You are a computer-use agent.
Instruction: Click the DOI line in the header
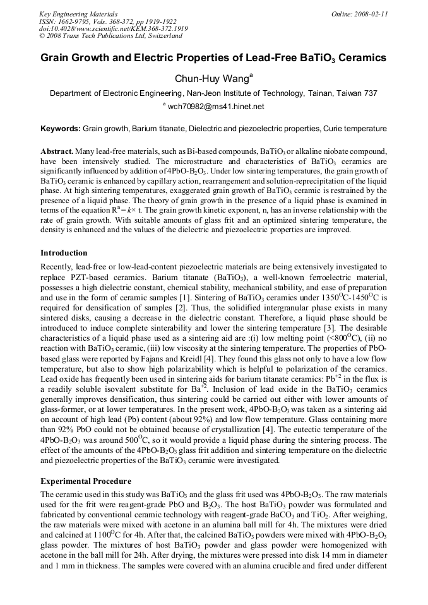tap(104, 28)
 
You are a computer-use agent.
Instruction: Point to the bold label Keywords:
tap(61, 129)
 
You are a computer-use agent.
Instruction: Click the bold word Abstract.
tap(57, 152)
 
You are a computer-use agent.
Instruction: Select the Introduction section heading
tap(64, 253)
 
